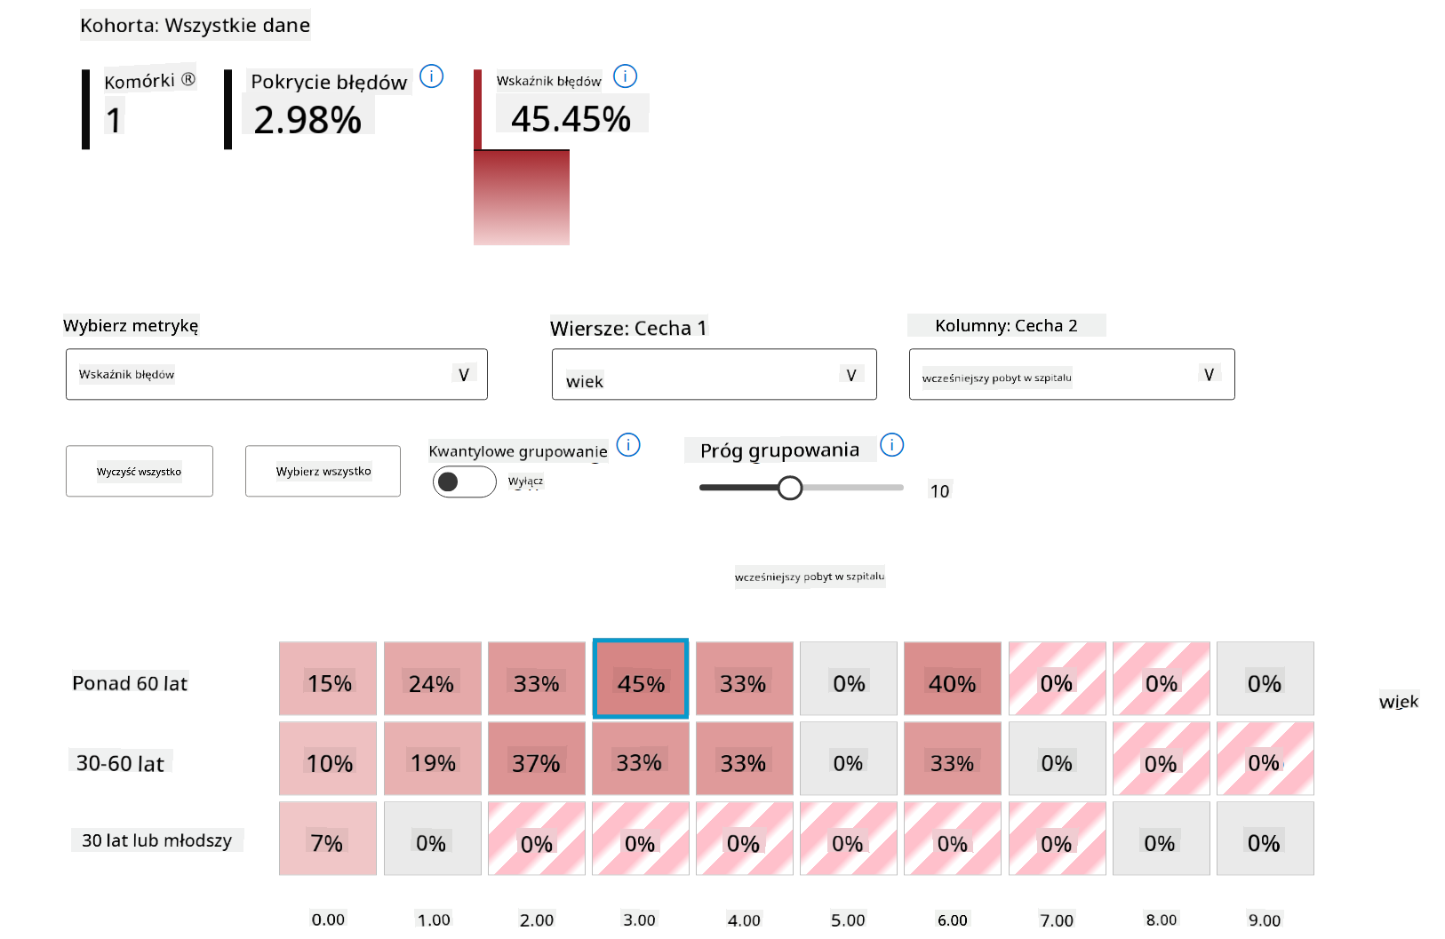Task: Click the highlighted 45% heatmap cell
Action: pos(640,678)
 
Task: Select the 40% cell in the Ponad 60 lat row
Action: pos(952,678)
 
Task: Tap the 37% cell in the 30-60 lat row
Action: pos(536,758)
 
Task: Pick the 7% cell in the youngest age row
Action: pos(327,838)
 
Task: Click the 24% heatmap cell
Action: pos(432,678)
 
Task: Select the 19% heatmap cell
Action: pos(432,758)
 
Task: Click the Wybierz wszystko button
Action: pos(323,471)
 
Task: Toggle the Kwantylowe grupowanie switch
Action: pos(464,481)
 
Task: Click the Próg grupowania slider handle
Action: pos(789,488)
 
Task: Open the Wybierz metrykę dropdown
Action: pos(276,374)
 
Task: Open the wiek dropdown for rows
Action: pos(714,374)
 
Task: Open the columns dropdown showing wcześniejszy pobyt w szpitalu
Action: pos(1071,374)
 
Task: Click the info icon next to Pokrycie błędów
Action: pos(431,76)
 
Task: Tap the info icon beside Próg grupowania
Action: pos(891,444)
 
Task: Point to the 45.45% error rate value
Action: pos(571,119)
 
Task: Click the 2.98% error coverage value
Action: pos(307,120)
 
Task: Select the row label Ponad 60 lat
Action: pos(130,683)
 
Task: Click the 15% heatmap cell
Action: pos(328,678)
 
